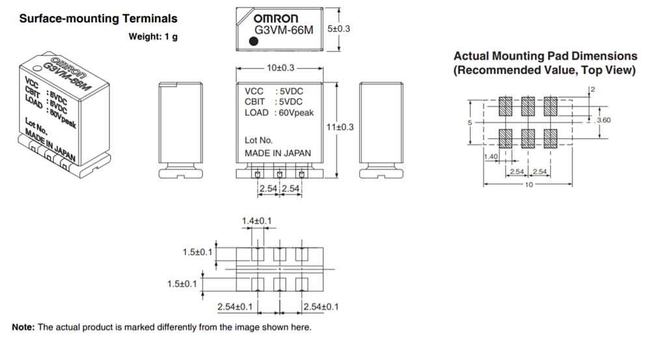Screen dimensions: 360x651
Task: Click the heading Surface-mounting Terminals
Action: [98, 19]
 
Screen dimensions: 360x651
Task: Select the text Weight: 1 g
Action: [153, 36]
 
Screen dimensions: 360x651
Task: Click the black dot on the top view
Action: [254, 41]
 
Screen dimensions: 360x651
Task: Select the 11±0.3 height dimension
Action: [340, 127]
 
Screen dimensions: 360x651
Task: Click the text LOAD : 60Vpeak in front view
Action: [279, 113]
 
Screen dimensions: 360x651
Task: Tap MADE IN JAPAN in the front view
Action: [277, 153]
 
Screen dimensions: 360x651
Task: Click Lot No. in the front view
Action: [258, 140]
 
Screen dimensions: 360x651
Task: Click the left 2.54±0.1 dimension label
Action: [235, 307]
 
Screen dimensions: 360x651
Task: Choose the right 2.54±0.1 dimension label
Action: [320, 307]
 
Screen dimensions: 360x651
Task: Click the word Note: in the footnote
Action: [23, 327]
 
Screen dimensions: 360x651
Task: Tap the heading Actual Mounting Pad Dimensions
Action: [545, 57]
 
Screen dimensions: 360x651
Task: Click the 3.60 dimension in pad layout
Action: [603, 120]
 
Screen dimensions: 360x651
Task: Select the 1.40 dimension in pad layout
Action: [491, 158]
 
